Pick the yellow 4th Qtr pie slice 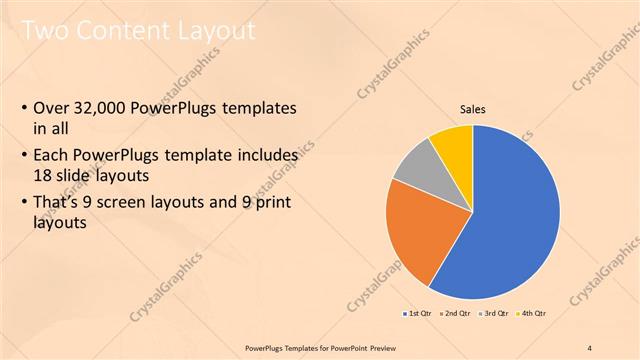(x=455, y=145)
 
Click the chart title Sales (x=473, y=109)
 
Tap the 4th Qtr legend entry (x=533, y=313)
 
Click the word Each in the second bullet (x=52, y=156)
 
